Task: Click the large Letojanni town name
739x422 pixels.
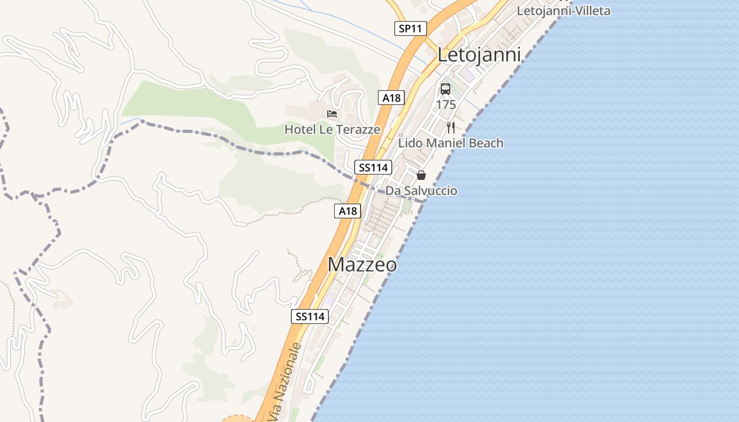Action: coord(479,55)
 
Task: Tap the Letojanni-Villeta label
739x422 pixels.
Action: coord(563,11)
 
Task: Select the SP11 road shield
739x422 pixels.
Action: coord(410,28)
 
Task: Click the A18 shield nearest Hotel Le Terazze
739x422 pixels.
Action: coord(391,98)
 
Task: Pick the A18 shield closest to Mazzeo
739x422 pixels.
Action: coord(347,211)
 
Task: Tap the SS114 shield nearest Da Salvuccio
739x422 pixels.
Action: coord(373,168)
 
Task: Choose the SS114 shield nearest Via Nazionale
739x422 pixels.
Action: coord(310,316)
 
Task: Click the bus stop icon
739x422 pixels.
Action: coord(446,89)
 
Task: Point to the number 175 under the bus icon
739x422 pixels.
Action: coord(446,104)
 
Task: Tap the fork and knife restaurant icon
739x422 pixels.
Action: coord(450,127)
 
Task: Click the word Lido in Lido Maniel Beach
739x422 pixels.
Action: coord(410,143)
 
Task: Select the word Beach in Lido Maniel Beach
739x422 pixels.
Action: coord(486,143)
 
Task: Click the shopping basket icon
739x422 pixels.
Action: coord(421,175)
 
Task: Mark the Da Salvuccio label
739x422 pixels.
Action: coord(421,190)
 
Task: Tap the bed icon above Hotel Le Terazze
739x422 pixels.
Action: coord(332,113)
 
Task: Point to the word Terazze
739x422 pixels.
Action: coord(360,129)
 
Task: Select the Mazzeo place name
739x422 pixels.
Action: coord(362,264)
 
